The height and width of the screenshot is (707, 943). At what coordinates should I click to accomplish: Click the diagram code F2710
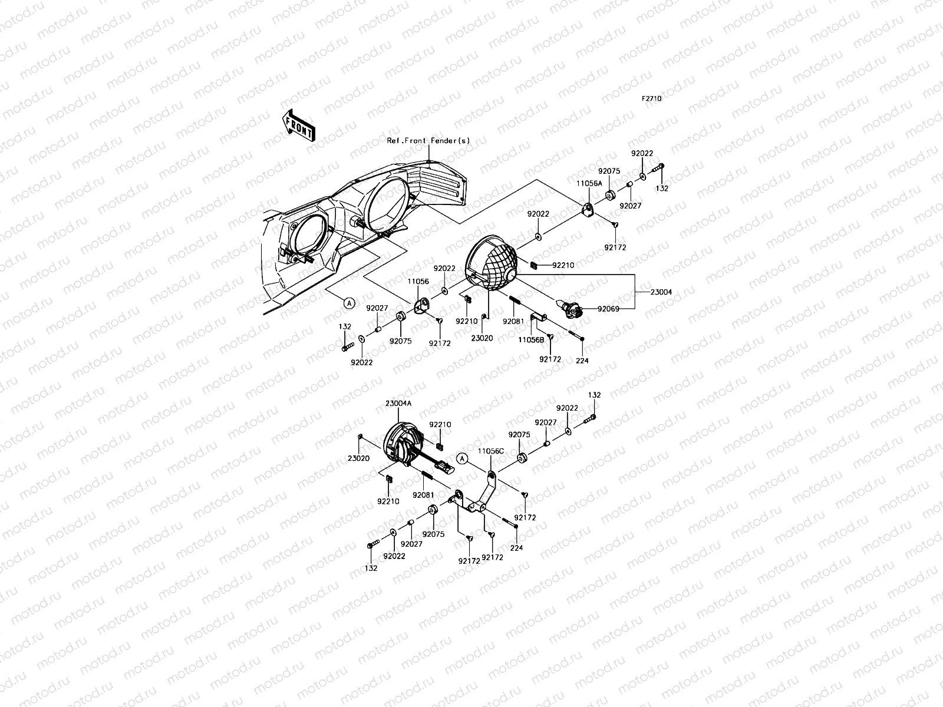pos(651,99)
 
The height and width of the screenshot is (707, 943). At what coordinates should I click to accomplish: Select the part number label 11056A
pos(589,184)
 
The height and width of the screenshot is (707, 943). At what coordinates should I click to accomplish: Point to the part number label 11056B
pos(530,339)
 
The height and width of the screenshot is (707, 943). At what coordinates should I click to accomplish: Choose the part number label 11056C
pos(490,451)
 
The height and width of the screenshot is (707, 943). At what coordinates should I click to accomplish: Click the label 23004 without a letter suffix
pos(661,292)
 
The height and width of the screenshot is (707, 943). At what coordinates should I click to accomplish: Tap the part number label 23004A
pos(398,404)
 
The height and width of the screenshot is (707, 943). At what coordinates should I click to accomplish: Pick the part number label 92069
pos(608,308)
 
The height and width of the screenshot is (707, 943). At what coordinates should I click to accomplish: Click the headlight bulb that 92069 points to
pos(571,308)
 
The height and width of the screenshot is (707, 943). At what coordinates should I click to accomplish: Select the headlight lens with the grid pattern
pos(492,263)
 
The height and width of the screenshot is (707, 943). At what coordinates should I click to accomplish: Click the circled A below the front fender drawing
pos(349,303)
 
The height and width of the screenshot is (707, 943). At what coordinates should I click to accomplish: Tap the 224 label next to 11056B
pos(582,361)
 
